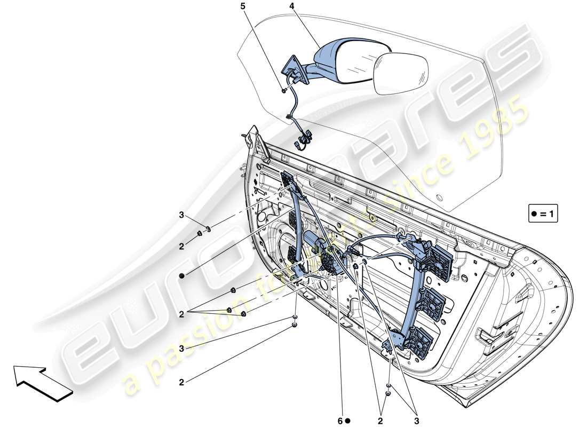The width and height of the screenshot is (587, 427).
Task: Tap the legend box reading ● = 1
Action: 543,214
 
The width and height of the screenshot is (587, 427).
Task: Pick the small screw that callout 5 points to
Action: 283,91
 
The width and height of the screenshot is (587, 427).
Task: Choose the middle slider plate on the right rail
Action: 432,304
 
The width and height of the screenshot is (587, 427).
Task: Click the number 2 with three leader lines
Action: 181,315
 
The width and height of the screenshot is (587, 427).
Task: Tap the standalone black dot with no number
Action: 181,275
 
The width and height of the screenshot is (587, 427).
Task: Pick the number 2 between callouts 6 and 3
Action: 381,420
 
